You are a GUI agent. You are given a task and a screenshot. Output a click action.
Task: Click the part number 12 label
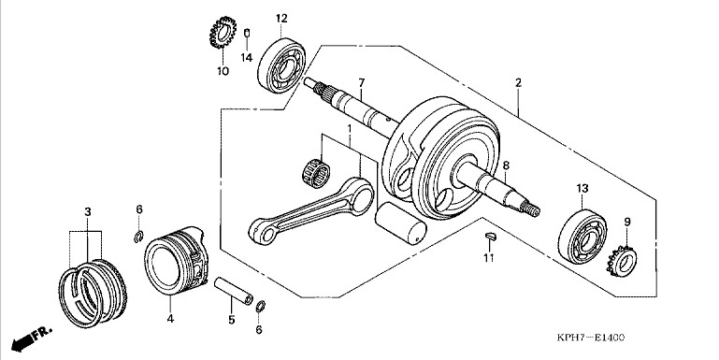(x=281, y=19)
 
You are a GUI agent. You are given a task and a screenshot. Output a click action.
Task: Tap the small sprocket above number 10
(x=223, y=33)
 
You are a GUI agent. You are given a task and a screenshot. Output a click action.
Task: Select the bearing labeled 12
(x=281, y=65)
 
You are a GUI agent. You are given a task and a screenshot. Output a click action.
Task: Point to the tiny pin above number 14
(x=247, y=34)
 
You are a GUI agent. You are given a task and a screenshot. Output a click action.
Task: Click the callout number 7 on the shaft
(x=361, y=83)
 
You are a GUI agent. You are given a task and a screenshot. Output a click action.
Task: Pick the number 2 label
(x=518, y=83)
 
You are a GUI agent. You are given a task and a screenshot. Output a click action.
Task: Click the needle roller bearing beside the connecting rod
(x=316, y=172)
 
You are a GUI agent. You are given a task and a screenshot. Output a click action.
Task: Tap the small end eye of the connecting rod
(x=263, y=231)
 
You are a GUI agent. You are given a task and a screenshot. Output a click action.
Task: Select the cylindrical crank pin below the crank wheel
(x=400, y=223)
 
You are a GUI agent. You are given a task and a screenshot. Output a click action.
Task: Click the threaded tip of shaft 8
(x=532, y=209)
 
